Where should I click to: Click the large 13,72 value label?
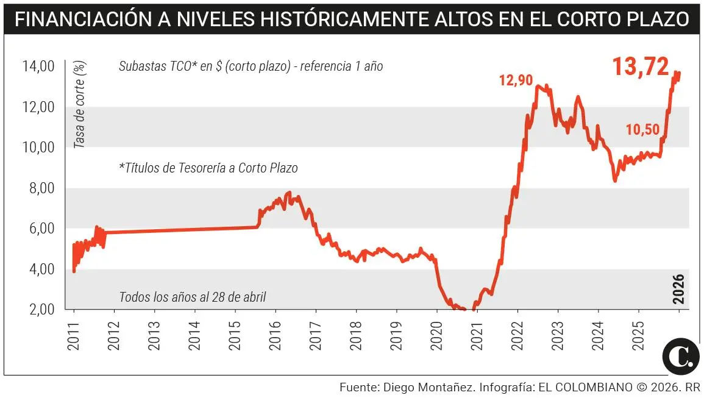pos(640,66)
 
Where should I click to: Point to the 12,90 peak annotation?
pos(516,80)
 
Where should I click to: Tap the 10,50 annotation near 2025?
pos(642,129)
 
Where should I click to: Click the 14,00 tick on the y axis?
pos(39,66)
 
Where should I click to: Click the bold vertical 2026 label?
pos(679,289)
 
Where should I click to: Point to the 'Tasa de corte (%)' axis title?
pos(79,104)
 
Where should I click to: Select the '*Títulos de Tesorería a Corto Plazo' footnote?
pos(208,168)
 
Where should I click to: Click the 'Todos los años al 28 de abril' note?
pos(193,297)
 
